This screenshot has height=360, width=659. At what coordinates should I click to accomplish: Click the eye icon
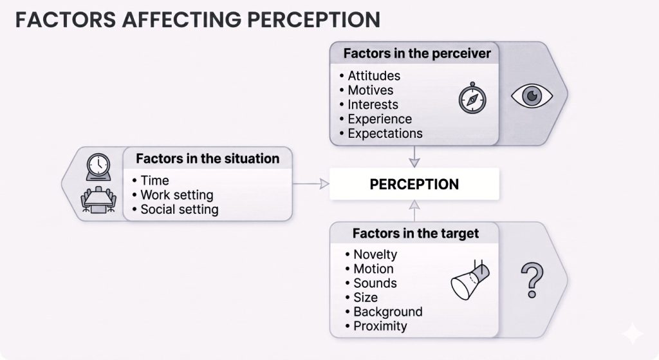[x=532, y=96]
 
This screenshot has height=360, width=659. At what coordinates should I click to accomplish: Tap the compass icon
[x=472, y=99]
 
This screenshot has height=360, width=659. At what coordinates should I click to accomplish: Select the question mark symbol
[x=532, y=281]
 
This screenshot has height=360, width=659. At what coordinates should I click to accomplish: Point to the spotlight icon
[x=470, y=279]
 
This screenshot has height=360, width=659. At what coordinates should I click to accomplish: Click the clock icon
[x=98, y=167]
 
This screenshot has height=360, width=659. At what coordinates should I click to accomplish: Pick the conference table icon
[x=98, y=200]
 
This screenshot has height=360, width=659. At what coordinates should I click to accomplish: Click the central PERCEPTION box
[x=414, y=184]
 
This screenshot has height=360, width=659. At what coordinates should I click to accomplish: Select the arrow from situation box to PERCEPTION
[x=311, y=184]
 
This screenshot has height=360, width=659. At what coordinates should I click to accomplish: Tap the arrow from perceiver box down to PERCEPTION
[x=414, y=157]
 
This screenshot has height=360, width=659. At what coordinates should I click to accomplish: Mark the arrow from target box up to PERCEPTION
[x=414, y=211]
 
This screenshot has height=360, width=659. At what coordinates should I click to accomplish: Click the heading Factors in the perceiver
[x=417, y=53]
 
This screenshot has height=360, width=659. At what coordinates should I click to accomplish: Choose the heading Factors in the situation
[x=208, y=158]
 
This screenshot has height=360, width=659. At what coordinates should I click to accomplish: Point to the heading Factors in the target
[x=416, y=233]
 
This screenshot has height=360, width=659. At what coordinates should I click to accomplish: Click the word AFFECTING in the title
[x=181, y=20]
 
